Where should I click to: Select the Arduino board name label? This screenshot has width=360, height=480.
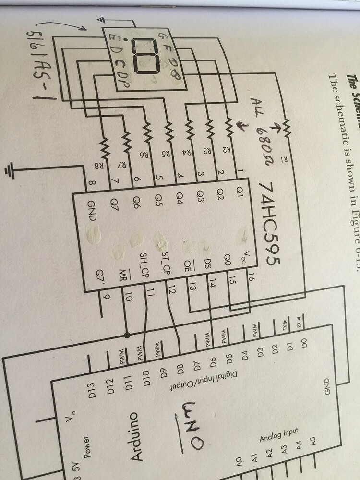coord(137,437)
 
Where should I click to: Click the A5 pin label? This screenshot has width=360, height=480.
coord(313,442)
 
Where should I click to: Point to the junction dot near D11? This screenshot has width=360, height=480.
coord(127,334)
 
